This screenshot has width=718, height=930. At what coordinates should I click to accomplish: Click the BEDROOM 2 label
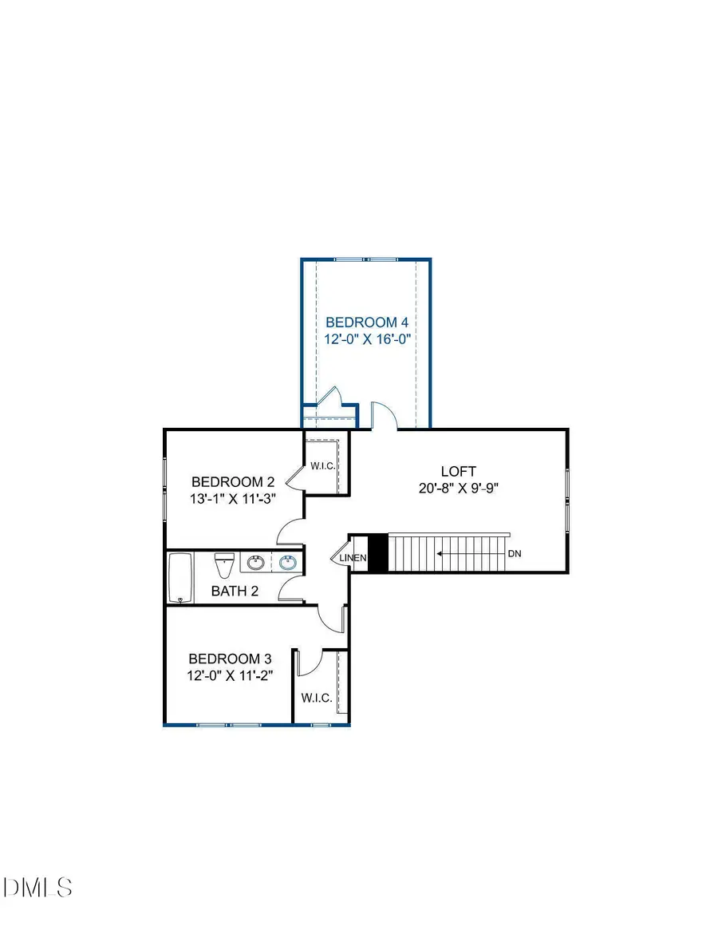(x=233, y=482)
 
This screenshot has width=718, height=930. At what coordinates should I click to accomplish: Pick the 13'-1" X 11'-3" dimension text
(x=233, y=499)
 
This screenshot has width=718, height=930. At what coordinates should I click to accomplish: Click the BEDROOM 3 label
(x=230, y=659)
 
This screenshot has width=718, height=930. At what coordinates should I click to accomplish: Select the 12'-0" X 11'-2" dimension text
(x=230, y=676)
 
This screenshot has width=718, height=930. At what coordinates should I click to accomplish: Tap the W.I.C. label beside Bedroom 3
(x=317, y=698)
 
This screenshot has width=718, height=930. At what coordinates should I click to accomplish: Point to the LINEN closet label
(x=353, y=558)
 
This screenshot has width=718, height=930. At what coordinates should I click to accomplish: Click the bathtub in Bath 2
(x=180, y=578)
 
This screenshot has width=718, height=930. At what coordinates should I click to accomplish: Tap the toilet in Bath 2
(x=224, y=566)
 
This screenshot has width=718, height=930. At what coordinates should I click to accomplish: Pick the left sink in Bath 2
(x=256, y=563)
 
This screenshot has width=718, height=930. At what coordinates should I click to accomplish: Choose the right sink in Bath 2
(x=289, y=563)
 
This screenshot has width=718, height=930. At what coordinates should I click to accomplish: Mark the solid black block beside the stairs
(x=378, y=552)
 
